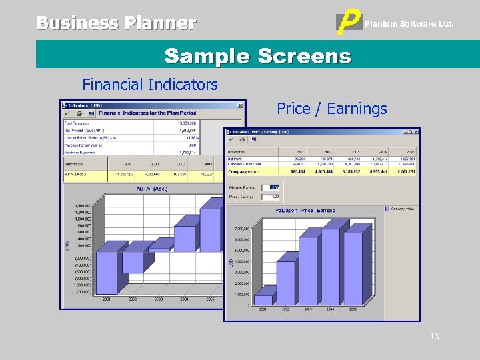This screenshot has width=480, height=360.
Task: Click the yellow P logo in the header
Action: (347, 24)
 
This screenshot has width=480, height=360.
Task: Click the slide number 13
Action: (435, 337)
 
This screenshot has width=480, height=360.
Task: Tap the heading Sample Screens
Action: (257, 55)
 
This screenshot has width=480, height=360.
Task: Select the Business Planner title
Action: (116, 23)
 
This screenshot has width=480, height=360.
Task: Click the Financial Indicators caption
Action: (150, 85)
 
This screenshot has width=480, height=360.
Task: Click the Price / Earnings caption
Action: (331, 109)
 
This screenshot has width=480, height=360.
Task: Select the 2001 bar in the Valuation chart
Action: (264, 295)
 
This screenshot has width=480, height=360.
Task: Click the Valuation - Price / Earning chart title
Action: (305, 211)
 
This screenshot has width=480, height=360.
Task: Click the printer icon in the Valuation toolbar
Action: (245, 139)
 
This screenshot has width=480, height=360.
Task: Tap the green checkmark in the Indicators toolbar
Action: (67, 114)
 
